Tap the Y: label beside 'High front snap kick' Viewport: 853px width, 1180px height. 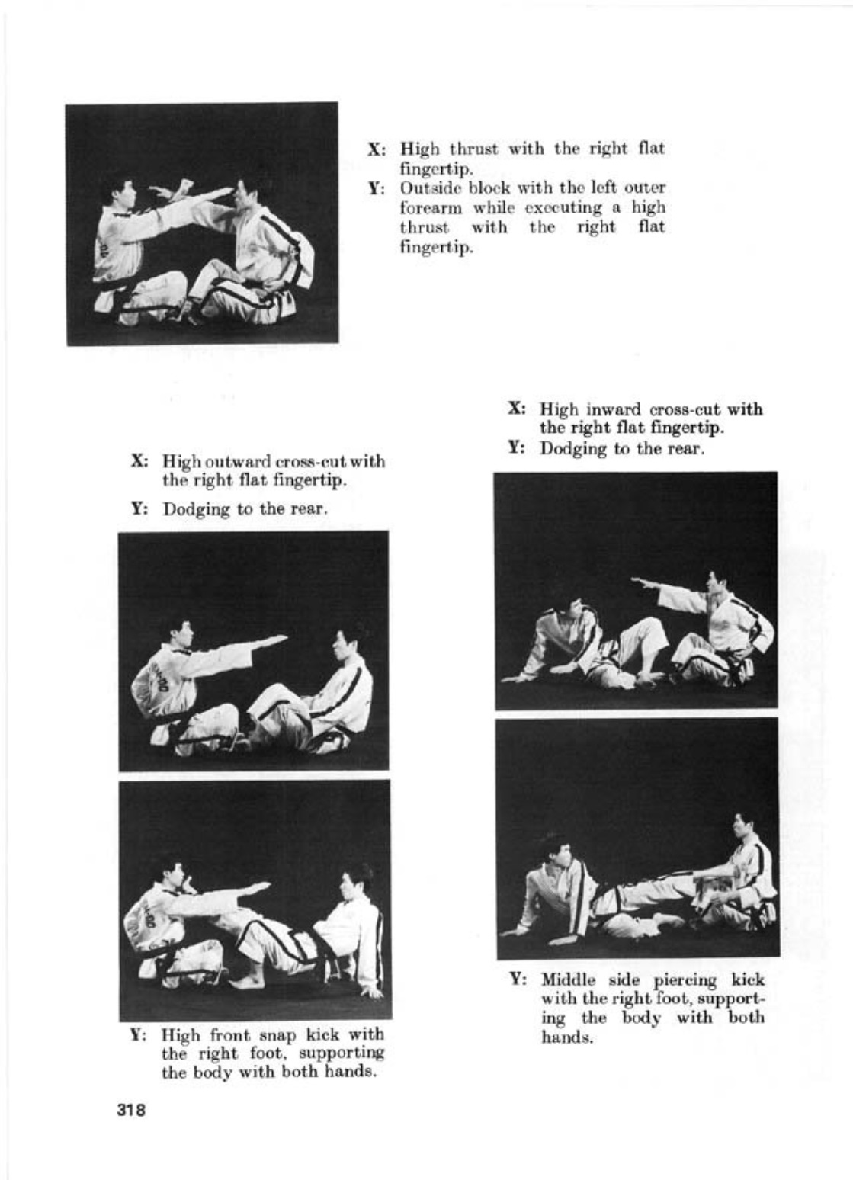[x=138, y=1035]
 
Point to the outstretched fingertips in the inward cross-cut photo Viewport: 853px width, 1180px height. [x=637, y=583]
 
